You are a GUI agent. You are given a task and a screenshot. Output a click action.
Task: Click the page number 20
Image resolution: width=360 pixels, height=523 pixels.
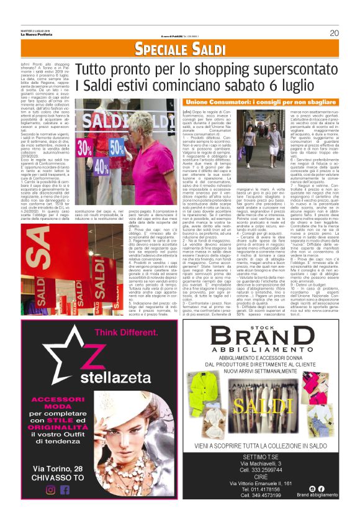(334, 33)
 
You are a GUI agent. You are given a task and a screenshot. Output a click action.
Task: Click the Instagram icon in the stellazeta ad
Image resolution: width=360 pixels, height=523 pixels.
(51, 489)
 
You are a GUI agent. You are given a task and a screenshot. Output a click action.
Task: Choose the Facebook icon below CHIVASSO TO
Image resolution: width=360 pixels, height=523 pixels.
(65, 489)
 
